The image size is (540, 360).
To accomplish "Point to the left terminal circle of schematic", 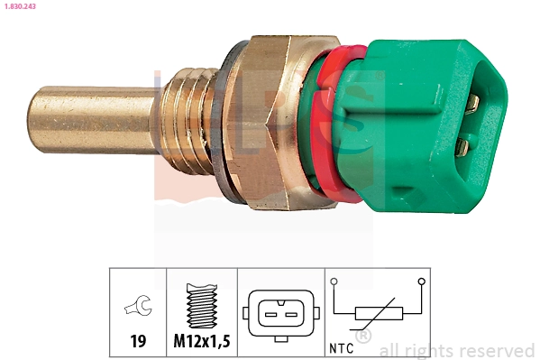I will [334, 282].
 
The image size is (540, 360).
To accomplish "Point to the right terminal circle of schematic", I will [421, 282].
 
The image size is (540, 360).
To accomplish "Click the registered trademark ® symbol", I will [362, 336].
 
